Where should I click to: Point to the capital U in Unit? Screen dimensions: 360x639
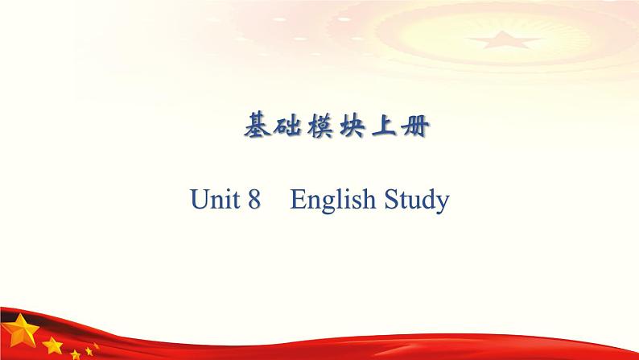click(x=200, y=200)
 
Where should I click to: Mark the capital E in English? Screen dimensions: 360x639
click(x=298, y=200)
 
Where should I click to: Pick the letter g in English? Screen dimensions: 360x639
click(x=324, y=203)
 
